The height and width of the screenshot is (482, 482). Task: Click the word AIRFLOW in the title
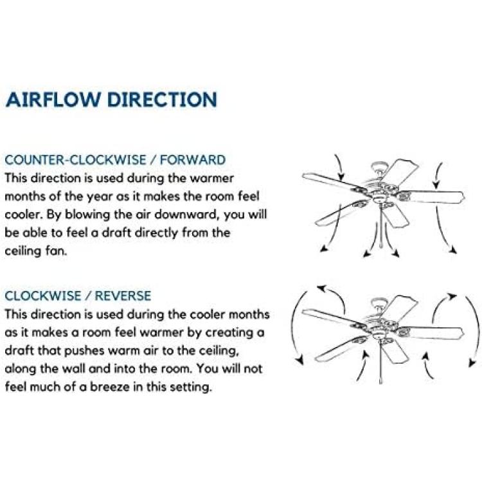[x=53, y=99]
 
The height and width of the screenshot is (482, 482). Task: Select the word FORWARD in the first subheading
[x=193, y=160]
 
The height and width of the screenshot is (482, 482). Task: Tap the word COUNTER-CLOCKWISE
[x=75, y=160]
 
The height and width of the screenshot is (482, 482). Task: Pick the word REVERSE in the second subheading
[x=123, y=296]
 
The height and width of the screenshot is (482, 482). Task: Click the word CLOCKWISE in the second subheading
[x=42, y=296]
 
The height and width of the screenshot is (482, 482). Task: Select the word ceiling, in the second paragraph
[x=219, y=351]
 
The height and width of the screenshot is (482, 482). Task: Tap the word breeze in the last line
[x=109, y=387]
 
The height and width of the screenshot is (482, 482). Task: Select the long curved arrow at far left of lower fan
[x=293, y=326]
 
